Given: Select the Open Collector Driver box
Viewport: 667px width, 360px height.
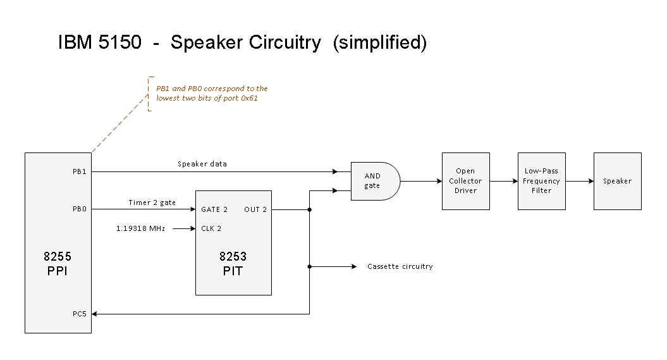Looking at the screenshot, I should coord(465,181).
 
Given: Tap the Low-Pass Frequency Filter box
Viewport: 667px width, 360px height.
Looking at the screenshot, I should coord(541,181).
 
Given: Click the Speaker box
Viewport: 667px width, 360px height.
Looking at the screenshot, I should coord(617,181).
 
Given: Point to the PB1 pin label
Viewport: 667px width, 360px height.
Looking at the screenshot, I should coord(80,171).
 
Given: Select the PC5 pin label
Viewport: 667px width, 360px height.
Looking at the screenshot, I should coord(80,313).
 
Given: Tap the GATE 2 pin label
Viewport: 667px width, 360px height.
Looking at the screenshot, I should coord(214,209).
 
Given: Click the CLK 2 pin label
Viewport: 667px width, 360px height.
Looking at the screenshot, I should coord(211,228).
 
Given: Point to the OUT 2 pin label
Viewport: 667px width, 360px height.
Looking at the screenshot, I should coord(255,209).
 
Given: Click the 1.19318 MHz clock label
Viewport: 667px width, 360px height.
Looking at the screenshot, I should coord(140,228).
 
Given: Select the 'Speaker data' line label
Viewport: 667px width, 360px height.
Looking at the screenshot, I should coord(202,164).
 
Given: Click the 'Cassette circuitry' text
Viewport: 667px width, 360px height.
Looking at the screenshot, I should coord(400,266).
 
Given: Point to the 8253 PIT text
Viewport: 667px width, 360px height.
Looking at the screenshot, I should coord(233,264).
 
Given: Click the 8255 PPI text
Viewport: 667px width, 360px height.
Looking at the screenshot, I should coord(58,264).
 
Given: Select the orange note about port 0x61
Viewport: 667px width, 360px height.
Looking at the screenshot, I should coord(212,94).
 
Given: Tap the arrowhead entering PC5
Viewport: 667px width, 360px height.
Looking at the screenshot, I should coord(97,313).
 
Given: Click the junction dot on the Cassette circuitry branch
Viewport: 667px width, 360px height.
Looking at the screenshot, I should coord(309,266).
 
